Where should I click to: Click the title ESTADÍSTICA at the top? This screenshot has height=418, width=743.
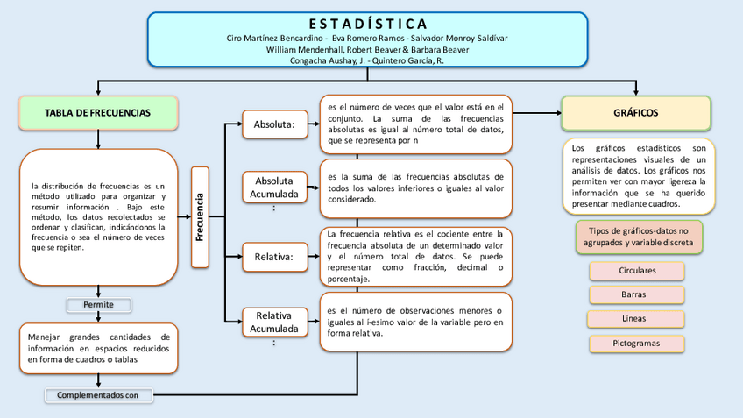[x=367, y=23]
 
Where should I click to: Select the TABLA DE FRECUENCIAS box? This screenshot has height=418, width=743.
[x=98, y=113]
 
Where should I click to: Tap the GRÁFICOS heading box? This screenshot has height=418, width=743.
[x=636, y=113]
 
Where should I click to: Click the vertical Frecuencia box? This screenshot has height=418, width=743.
[x=200, y=216]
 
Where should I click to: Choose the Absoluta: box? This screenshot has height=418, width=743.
[x=274, y=124]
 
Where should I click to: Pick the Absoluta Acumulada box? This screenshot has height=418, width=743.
[x=274, y=187]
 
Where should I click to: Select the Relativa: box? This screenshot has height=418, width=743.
[x=274, y=257]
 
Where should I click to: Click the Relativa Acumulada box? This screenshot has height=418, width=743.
[x=274, y=322]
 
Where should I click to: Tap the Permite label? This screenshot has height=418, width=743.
[x=98, y=305]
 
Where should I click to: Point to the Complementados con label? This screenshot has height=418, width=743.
[x=98, y=395]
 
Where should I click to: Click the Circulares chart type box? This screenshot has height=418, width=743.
[x=637, y=271]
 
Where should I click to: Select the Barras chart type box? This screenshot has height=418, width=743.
[x=637, y=294]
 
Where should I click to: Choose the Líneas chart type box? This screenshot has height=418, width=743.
[x=637, y=318]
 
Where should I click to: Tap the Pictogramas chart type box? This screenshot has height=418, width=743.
[x=637, y=343]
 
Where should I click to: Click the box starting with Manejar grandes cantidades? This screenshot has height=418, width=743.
[x=98, y=347]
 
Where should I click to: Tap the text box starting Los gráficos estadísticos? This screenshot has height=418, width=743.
[x=638, y=176]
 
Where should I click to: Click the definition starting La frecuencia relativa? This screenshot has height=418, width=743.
[x=415, y=257]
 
